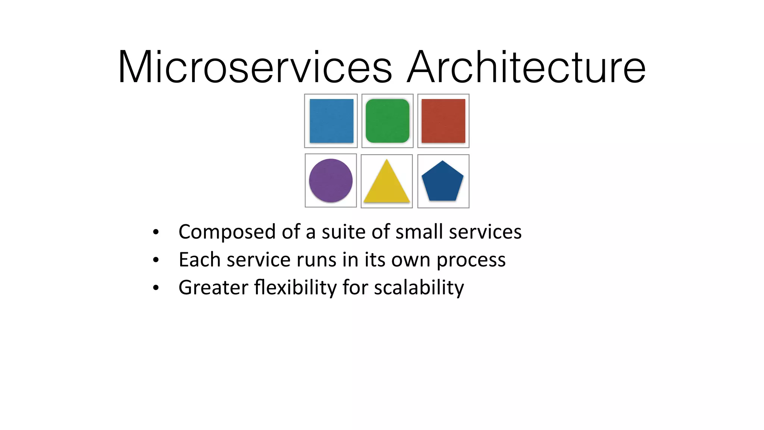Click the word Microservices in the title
coord(255,67)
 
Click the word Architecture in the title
coord(526,67)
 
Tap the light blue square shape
coord(331,121)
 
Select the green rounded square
coord(387,121)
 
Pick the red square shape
coord(443,121)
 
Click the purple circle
coord(331,181)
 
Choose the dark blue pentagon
coord(442,182)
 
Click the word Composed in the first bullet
coord(226,232)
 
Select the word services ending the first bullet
coord(485,232)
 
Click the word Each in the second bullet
coord(200,260)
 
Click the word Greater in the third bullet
coord(213,288)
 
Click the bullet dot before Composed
coord(156,232)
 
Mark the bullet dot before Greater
coord(156,288)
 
